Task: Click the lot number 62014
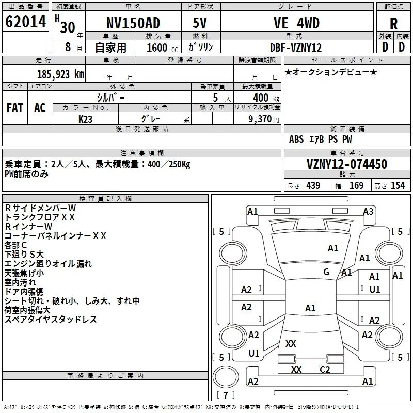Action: point(25,22)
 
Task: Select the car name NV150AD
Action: point(133,23)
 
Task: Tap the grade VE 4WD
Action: point(296,23)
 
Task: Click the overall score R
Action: point(393,24)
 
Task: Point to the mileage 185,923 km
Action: point(60,74)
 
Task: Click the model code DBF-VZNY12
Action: point(296,47)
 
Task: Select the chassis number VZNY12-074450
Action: point(347,164)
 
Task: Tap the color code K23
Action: point(85,119)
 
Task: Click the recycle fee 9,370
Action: point(260,119)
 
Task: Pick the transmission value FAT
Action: point(15,108)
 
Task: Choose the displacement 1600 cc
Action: point(162,47)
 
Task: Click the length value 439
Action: point(313,185)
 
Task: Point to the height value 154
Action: point(398,185)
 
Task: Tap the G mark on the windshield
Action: point(326,272)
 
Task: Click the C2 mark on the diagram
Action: point(325,370)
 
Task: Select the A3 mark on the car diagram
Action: point(368,212)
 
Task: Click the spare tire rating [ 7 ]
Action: point(226,395)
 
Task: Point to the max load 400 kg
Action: point(266,98)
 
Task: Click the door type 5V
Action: point(200,23)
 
